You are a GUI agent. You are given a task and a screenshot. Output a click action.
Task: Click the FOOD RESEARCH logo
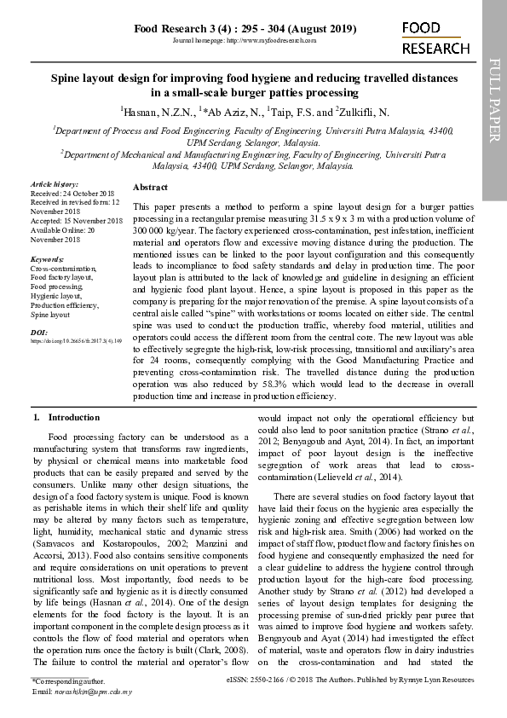[435, 39]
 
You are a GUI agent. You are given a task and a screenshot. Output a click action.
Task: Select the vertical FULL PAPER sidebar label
[494, 103]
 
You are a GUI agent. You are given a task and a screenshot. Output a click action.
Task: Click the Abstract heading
[151, 187]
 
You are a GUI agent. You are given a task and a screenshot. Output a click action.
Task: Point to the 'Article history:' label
[55, 184]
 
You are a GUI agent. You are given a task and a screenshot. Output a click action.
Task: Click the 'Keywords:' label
[47, 258]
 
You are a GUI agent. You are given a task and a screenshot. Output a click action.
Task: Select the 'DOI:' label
[39, 331]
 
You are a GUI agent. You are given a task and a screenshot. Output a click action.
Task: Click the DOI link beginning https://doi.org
[77, 340]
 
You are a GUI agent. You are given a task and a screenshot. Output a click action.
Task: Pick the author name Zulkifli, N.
[364, 112]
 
